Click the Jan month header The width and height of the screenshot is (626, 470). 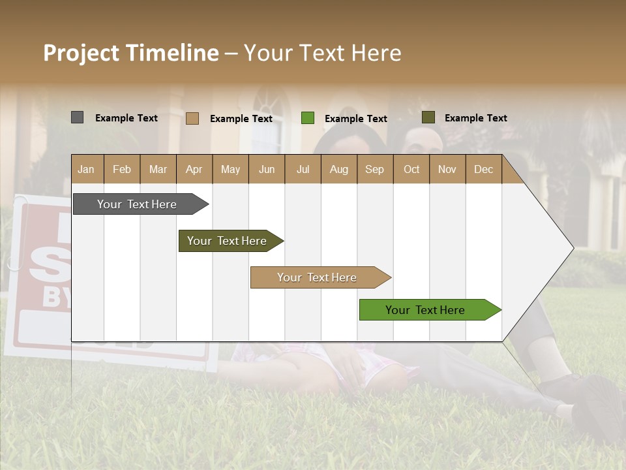point(86,169)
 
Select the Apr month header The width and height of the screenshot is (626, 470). point(194,169)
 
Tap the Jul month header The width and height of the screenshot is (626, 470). point(303,169)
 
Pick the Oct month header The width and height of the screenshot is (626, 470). point(411,169)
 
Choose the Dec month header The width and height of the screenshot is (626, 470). point(483,169)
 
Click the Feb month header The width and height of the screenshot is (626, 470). point(122,169)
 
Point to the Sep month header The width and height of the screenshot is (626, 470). point(375,169)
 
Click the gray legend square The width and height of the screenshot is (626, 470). point(77,117)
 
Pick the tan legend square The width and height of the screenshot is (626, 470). point(192,118)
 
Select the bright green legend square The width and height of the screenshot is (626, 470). point(307,118)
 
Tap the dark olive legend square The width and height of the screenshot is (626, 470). point(428,117)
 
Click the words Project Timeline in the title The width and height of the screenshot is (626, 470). point(131,53)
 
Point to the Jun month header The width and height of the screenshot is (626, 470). point(267,169)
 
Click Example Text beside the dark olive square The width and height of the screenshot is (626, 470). point(475,118)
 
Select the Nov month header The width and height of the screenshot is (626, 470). point(447,169)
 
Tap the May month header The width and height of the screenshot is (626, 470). point(230,169)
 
